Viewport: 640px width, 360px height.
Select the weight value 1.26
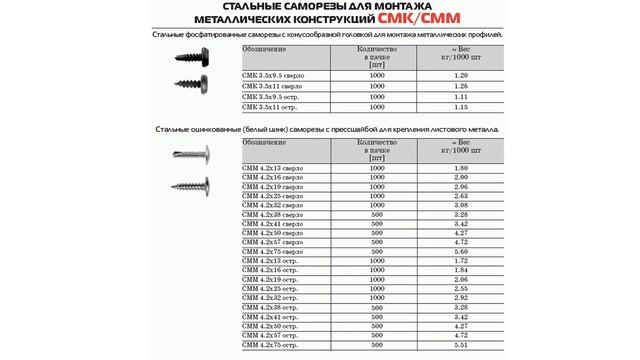pyautogui.click(x=460, y=85)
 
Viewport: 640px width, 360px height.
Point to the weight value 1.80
pyautogui.click(x=462, y=168)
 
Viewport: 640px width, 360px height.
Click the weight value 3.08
pyautogui.click(x=462, y=205)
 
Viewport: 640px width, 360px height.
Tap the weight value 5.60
pyautogui.click(x=462, y=251)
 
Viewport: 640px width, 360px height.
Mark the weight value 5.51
pyautogui.click(x=462, y=343)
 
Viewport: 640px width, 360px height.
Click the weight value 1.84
pyautogui.click(x=462, y=270)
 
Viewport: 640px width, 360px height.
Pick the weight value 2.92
pyautogui.click(x=462, y=297)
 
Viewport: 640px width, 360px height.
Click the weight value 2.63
pyautogui.click(x=462, y=196)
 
